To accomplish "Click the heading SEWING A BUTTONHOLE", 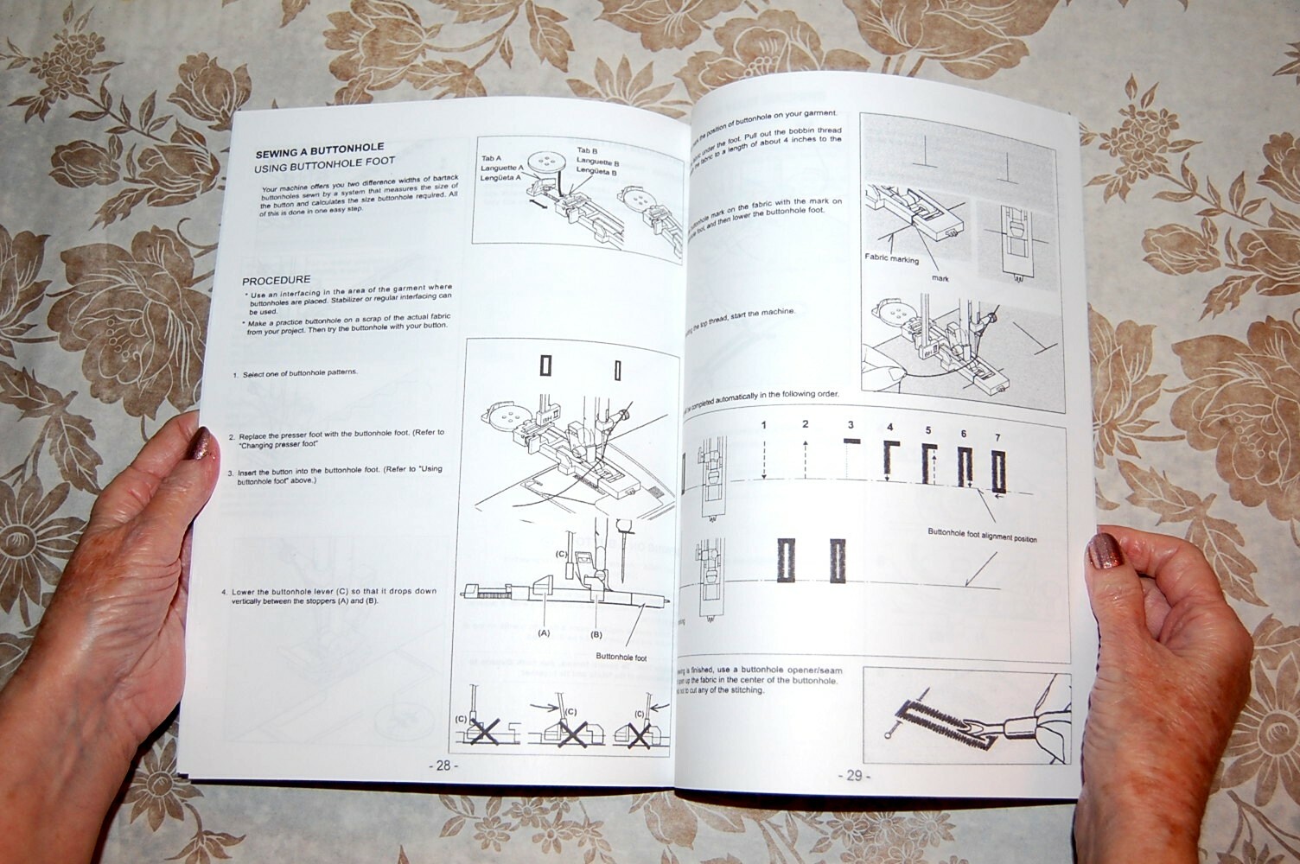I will click(x=319, y=148).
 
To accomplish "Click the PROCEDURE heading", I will click(x=276, y=281).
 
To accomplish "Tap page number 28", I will click(x=443, y=766).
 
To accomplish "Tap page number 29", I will click(x=853, y=775).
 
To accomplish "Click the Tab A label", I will click(x=492, y=159).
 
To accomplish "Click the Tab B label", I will click(x=588, y=150).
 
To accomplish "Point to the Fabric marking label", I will click(x=891, y=258).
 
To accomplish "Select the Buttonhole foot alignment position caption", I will click(x=982, y=537).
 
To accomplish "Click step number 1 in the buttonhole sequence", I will click(x=764, y=424).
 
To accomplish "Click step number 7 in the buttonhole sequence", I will click(x=997, y=438).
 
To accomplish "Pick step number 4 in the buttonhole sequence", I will click(x=889, y=428).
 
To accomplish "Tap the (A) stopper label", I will click(x=544, y=632).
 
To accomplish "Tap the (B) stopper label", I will click(x=596, y=634).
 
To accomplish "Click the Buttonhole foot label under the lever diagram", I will click(x=621, y=658).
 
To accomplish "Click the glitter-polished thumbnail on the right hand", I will click(x=1104, y=550).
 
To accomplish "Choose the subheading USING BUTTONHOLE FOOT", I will click(x=324, y=162).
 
